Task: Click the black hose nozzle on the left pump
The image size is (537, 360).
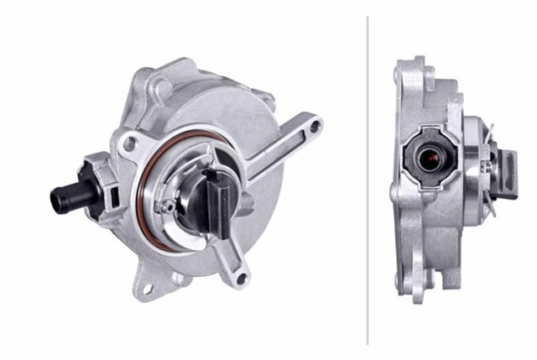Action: pos(65,198)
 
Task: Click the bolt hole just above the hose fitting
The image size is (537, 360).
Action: pos(128,144)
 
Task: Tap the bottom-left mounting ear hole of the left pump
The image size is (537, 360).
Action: pos(148,289)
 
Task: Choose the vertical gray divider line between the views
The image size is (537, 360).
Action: pos(368,180)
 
